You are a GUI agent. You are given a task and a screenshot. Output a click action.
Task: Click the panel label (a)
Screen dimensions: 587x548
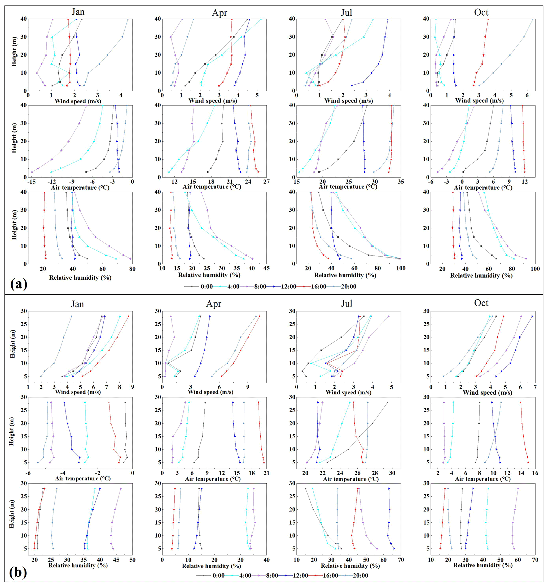point(18,284)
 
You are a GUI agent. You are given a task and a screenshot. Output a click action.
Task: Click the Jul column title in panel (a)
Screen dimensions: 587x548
point(346,13)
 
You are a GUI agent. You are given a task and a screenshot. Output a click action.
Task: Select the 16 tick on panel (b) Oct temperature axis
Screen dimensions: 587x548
point(535,473)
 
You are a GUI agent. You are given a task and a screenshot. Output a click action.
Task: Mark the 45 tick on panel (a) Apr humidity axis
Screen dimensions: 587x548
point(266,268)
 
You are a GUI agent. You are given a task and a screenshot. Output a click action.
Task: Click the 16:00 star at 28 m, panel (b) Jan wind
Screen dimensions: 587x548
point(129,316)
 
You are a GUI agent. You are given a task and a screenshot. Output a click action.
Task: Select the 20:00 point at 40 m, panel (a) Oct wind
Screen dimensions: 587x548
point(533,19)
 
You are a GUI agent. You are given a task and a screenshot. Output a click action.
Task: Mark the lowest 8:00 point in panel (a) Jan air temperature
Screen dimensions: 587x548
point(32,172)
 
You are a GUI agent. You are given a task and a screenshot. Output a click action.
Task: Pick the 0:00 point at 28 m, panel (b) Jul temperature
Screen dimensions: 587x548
point(387,402)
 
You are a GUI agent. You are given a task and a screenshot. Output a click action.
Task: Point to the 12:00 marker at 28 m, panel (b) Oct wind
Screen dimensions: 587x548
point(533,316)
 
